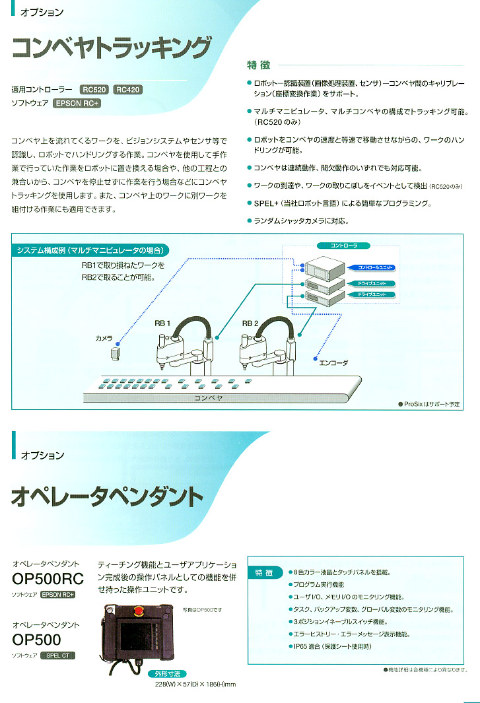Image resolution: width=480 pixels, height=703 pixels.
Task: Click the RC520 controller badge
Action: click(x=95, y=89)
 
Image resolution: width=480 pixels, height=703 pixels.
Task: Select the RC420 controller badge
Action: click(x=127, y=89)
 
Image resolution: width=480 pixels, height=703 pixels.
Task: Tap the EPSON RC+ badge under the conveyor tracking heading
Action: click(x=77, y=104)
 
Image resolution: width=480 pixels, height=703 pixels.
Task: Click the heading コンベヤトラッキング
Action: click(x=112, y=49)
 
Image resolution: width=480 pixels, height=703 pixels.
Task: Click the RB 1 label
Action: click(x=162, y=323)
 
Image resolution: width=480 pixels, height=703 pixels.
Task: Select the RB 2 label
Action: click(x=250, y=323)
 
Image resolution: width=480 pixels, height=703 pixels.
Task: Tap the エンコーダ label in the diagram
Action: click(x=333, y=362)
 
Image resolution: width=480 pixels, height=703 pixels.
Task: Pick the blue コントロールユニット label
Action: click(x=376, y=267)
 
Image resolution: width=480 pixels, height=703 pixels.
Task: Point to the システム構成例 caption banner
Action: click(x=90, y=250)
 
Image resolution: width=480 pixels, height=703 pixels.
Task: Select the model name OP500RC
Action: click(x=48, y=580)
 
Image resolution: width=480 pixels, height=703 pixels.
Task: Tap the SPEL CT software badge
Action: click(x=57, y=655)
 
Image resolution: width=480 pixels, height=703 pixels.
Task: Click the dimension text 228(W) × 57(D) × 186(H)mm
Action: click(x=195, y=685)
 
